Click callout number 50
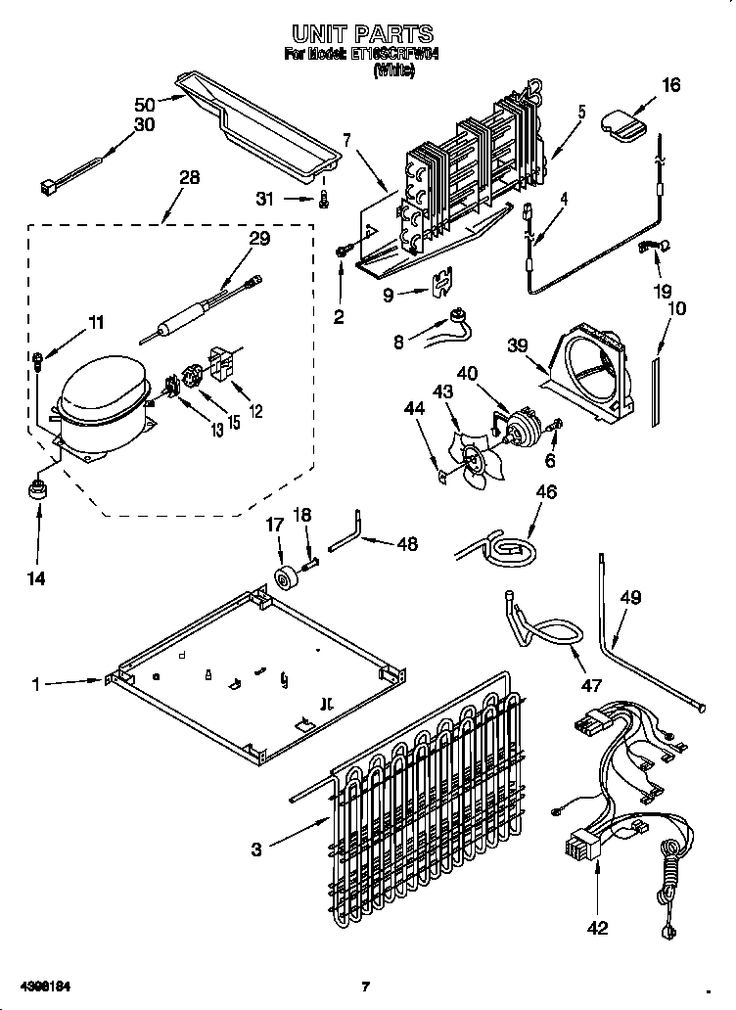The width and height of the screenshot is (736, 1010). click(x=144, y=104)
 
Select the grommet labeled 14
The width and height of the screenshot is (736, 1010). click(x=39, y=487)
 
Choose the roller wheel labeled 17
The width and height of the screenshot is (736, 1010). click(x=288, y=579)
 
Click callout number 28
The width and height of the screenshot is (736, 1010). click(x=189, y=177)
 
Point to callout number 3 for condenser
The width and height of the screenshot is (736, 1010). click(x=256, y=849)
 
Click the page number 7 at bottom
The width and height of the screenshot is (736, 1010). click(x=365, y=986)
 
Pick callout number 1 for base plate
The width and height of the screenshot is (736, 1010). click(x=35, y=685)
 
